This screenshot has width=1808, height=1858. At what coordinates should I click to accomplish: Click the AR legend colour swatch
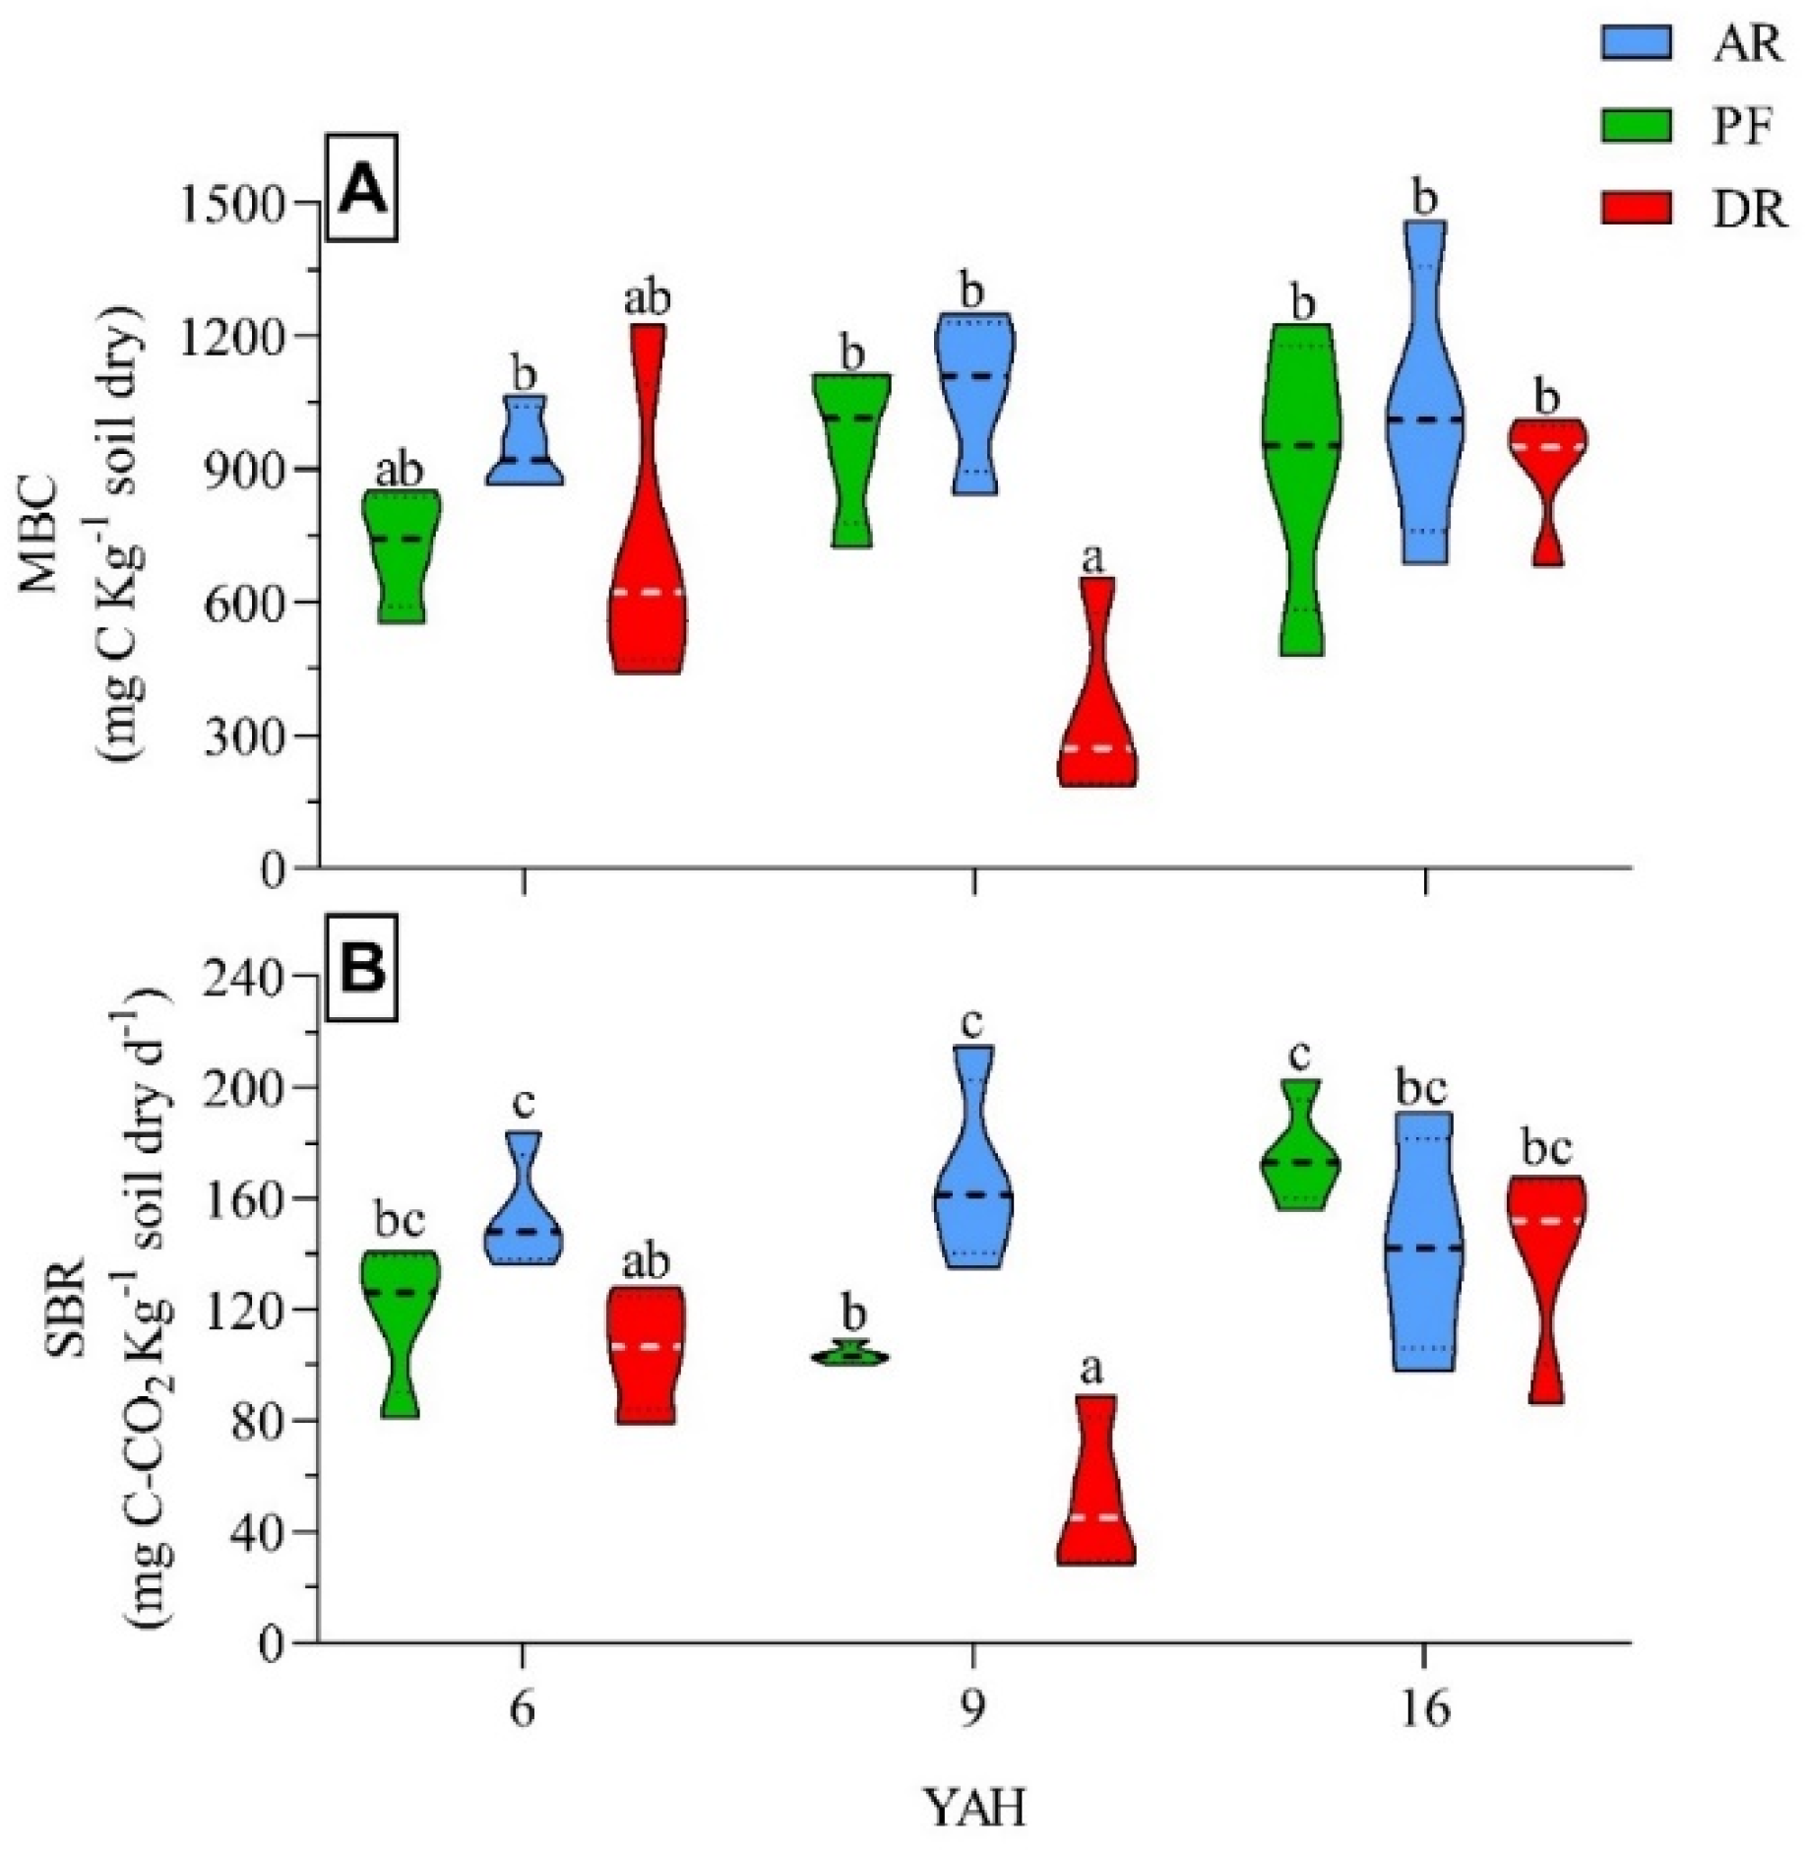(x=1635, y=42)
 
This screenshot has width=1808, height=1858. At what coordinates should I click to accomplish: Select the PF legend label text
(x=1744, y=127)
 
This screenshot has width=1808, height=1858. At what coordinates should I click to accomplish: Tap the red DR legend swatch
(x=1635, y=209)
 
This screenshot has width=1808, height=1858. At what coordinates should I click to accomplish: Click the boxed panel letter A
(x=362, y=188)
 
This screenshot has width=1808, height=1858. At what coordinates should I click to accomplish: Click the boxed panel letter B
(x=362, y=968)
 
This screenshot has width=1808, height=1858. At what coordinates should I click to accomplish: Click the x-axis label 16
(x=1424, y=1709)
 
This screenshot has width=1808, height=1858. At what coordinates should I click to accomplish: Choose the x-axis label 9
(x=972, y=1709)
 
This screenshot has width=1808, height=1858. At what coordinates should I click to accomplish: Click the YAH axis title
(x=973, y=1808)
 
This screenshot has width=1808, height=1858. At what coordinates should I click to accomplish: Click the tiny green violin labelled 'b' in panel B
(x=850, y=1356)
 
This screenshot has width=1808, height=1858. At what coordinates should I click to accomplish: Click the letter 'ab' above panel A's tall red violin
(x=647, y=298)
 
